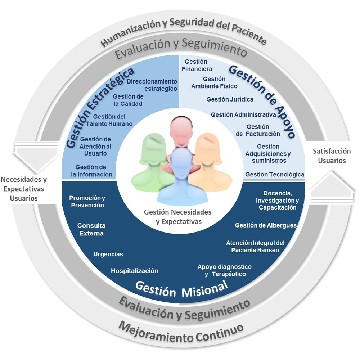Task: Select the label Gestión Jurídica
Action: [x=230, y=99]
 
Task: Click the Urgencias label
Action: [x=108, y=254]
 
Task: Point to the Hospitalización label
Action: [x=135, y=271]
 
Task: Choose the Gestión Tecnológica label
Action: [x=275, y=175]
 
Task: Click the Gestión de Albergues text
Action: [x=266, y=225]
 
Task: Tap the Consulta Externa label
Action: [x=91, y=229]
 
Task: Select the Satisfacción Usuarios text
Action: [x=332, y=156]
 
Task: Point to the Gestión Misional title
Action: [x=181, y=289]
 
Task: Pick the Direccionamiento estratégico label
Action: [x=152, y=85]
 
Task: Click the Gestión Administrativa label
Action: [x=243, y=115]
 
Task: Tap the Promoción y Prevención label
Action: [x=87, y=202]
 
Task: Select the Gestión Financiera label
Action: [x=197, y=65]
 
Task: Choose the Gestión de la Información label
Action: [x=91, y=171]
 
